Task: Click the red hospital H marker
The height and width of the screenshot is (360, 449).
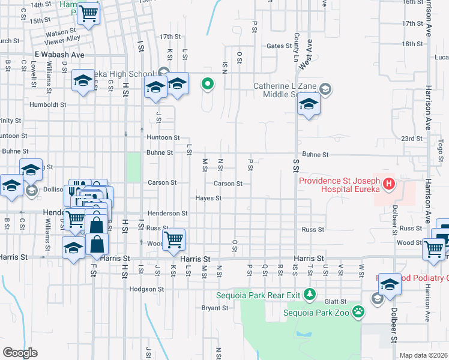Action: [x=389, y=183]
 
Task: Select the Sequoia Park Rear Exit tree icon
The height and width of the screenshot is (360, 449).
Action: [x=310, y=294]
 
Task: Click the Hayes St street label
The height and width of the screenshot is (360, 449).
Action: [x=209, y=198]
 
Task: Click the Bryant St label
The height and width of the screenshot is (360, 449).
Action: [x=215, y=308]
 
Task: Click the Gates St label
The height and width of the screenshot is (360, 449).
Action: [x=279, y=46]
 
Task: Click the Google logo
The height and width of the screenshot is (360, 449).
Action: [x=20, y=352]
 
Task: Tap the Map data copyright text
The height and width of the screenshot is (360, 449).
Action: [x=424, y=355]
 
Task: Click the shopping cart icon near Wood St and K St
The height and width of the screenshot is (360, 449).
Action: [x=173, y=239]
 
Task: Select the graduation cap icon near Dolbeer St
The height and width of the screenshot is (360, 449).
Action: [x=390, y=283]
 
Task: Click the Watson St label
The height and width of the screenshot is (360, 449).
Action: [x=60, y=32]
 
